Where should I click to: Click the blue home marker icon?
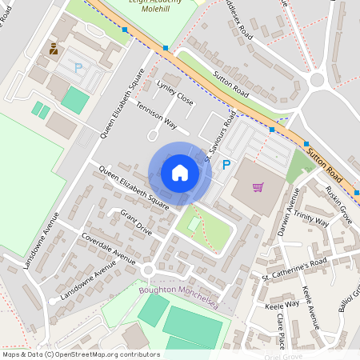tap(180, 173)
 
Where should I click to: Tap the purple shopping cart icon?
tap(258, 187)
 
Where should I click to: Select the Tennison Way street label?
tap(156, 116)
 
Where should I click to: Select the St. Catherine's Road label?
tap(295, 268)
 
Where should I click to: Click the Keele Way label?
tap(281, 304)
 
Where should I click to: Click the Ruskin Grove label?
tap(339, 205)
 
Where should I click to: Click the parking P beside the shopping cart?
tap(226, 165)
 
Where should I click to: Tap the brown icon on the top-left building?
tap(54, 49)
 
